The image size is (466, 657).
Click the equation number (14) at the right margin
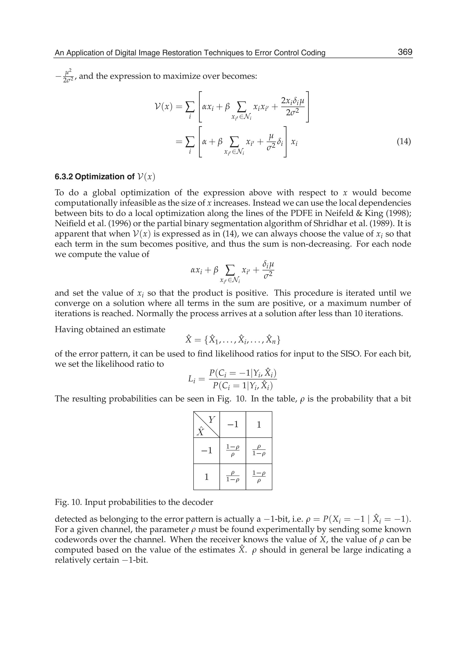[403, 142]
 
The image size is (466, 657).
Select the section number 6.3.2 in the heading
[64, 177]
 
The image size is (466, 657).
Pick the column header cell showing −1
[233, 424]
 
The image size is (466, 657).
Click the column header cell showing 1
[259, 424]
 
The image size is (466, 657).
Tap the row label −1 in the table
[207, 451]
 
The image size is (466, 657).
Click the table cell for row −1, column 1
[259, 451]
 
